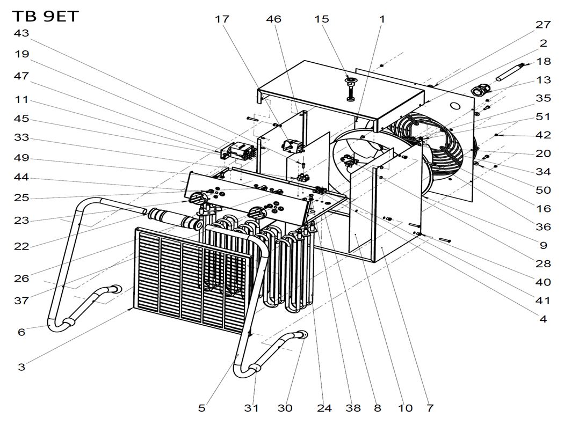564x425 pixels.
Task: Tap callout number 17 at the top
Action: pos(222,19)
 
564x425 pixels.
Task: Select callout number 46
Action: pos(274,19)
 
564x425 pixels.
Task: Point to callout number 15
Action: pos(322,19)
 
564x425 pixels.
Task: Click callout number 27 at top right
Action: pos(543,25)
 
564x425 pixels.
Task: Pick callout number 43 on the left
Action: pos(21,33)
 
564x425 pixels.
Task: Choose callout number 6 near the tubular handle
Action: pos(21,332)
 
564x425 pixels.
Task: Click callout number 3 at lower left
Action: pos(21,368)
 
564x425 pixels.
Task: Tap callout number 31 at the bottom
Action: pos(251,408)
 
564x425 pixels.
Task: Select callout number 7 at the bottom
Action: pos(430,408)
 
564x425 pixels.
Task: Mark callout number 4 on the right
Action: pos(543,319)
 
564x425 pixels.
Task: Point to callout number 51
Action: pos(543,117)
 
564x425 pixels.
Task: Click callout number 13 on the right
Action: pos(543,80)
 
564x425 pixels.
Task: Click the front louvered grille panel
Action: pos(191,279)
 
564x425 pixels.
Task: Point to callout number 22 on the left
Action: pos(21,246)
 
